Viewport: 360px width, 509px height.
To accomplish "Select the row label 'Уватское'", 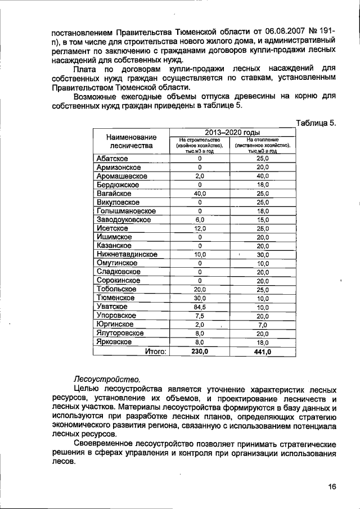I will [112, 307].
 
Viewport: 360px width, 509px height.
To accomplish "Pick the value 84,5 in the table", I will [200, 307].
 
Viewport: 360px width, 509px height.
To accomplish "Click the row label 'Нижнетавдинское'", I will [127, 254].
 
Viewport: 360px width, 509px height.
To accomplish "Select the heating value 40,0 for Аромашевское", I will [263, 176].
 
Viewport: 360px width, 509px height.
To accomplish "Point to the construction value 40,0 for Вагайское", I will [200, 193].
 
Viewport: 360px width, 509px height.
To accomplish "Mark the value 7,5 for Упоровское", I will [200, 316].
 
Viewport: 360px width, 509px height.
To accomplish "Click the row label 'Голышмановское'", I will [125, 211].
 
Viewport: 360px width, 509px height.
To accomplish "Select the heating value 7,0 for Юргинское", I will [263, 325].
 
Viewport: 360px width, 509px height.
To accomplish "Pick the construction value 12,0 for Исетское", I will [200, 228].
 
